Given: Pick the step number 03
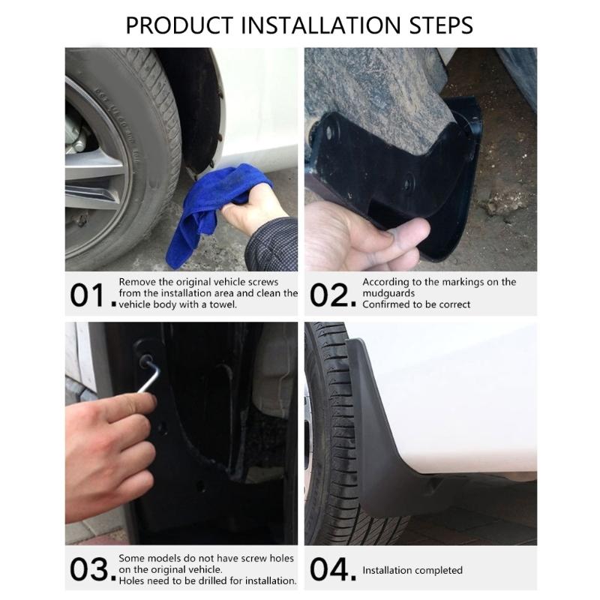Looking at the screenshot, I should click(x=90, y=570).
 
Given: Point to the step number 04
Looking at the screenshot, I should click(x=330, y=570).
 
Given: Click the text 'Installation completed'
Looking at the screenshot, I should click(x=412, y=571).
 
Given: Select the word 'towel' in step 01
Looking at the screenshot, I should click(x=223, y=304).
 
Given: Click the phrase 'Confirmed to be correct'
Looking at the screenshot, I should click(x=416, y=304).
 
